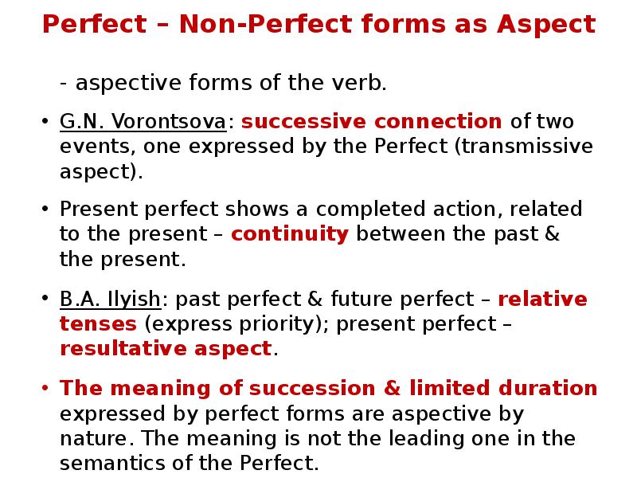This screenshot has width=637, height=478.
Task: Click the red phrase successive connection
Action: click(x=372, y=122)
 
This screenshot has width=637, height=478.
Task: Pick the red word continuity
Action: click(x=290, y=234)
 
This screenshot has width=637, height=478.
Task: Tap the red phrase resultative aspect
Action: click(x=166, y=349)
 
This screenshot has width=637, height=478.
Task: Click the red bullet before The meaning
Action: click(x=45, y=390)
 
